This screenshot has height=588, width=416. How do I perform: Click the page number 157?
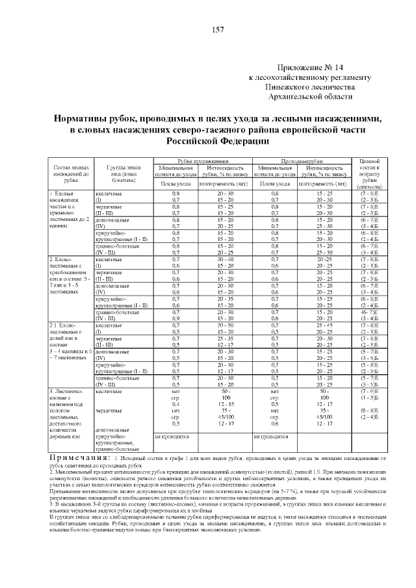coord(217,29)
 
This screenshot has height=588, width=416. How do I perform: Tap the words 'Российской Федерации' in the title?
coord(217,140)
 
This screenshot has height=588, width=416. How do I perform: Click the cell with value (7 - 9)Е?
coord(369,392)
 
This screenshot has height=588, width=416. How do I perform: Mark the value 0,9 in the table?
coord(175,318)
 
